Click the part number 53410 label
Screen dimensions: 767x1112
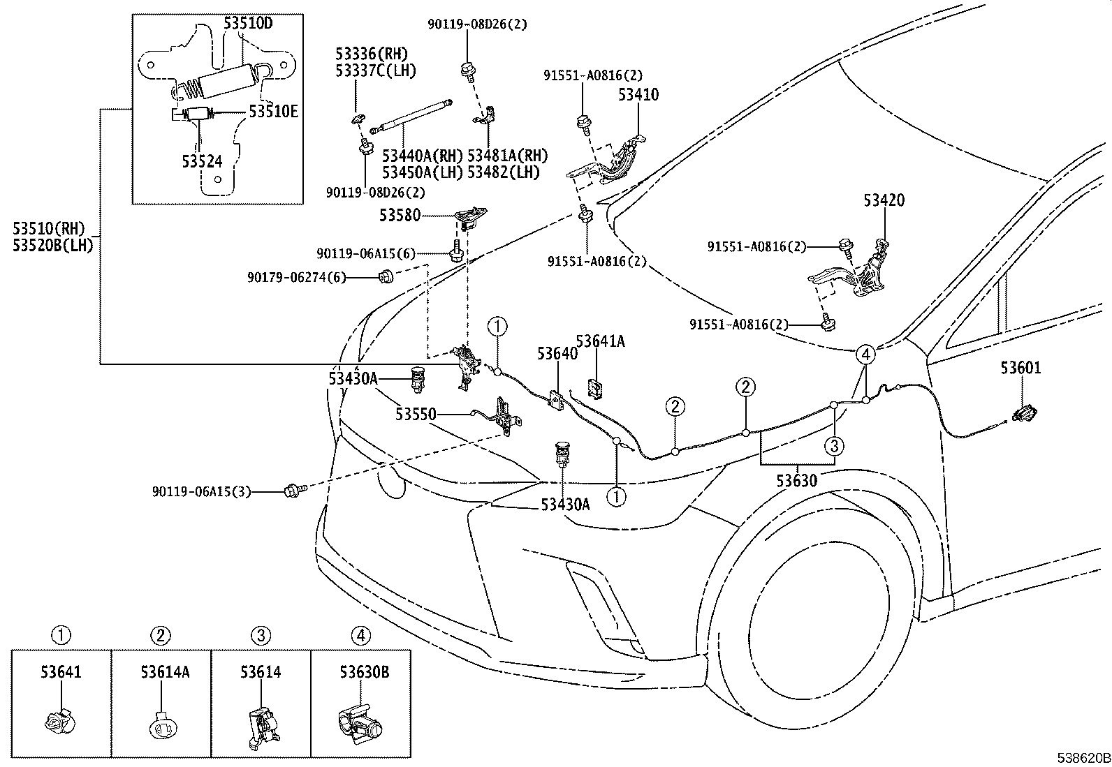pos(637,94)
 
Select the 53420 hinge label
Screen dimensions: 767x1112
pos(884,200)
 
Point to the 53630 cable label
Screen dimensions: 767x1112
pos(797,480)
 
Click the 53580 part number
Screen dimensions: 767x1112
pos(400,215)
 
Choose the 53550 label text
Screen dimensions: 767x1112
pos(416,415)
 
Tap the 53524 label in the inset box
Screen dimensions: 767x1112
pos(202,162)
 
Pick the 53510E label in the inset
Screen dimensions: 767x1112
pos(273,112)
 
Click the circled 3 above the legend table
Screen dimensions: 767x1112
pos(261,635)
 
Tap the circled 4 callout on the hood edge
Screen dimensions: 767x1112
pos(865,355)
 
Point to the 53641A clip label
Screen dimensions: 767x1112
pos(600,341)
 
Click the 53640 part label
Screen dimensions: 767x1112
pos(557,354)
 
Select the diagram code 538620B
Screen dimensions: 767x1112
pos(1081,757)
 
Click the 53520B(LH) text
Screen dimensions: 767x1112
pos(52,245)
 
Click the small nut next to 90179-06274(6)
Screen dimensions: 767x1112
pos(385,278)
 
